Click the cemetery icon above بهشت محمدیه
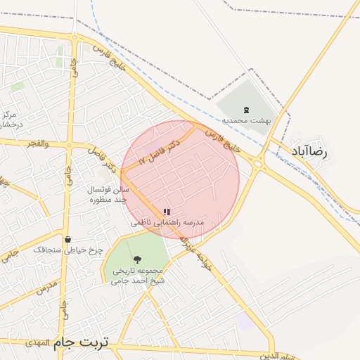tap(245, 110)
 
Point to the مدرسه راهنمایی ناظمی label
tap(167, 222)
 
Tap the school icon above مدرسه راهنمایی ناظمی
tap(167, 212)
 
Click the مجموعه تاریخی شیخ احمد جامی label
tap(136, 276)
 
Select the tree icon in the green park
tap(136, 260)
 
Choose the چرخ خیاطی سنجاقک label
tap(68, 250)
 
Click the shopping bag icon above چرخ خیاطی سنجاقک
tap(67, 239)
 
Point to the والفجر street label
tap(36, 143)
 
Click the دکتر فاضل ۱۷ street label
tap(160, 151)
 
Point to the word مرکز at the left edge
tap(8, 115)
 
